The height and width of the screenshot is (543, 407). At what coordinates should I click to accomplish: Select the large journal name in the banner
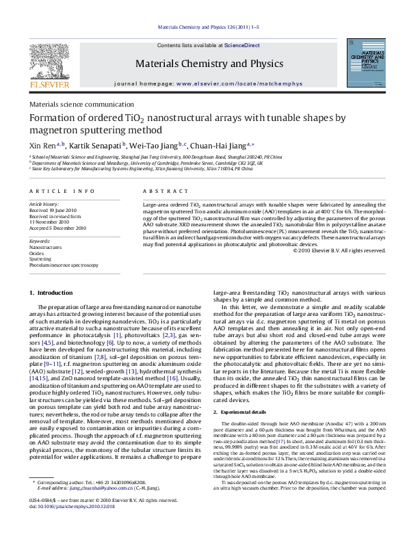point(203,64)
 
